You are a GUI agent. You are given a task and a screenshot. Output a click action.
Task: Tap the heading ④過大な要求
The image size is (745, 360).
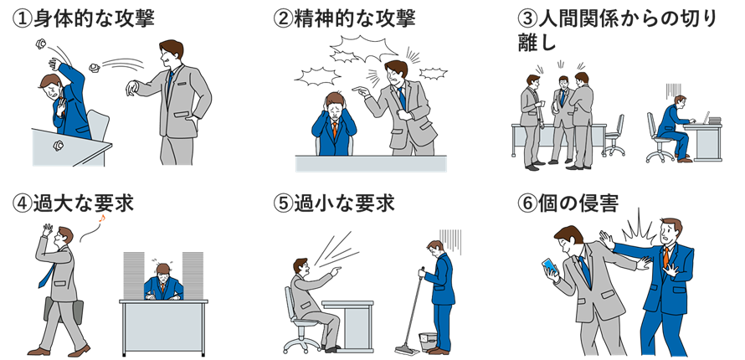73,203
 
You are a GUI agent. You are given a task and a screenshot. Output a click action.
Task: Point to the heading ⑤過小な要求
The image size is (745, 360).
334,203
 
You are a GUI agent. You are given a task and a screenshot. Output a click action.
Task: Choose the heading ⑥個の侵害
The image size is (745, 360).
568,203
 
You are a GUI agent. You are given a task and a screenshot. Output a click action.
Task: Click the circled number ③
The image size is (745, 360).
527,20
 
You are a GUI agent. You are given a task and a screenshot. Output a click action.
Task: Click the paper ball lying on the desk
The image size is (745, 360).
58,145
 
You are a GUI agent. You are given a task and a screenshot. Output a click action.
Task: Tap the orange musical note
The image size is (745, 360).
101,218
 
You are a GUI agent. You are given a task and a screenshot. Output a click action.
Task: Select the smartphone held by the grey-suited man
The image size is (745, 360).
550,267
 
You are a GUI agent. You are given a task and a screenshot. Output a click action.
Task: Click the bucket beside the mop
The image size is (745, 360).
428,341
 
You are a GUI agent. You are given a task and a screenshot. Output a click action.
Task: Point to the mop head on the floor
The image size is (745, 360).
407,351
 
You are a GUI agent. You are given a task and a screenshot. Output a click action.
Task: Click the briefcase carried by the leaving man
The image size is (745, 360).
63,309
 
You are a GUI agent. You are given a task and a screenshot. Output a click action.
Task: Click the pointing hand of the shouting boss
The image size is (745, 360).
360,91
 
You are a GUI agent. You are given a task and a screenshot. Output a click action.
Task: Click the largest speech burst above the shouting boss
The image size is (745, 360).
364,48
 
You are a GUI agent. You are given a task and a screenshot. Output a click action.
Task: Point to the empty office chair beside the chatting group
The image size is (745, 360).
614,135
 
